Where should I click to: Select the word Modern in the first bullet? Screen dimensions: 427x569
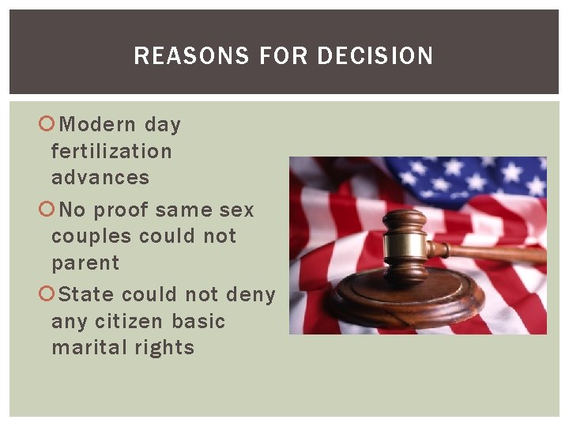98,124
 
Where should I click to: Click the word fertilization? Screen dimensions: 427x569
111,151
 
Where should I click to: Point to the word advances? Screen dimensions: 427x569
100,177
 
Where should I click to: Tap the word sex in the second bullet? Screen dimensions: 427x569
238,210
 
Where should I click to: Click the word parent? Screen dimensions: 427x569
85,263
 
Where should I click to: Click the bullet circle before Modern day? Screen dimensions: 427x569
47,124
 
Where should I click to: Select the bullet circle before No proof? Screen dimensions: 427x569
47,210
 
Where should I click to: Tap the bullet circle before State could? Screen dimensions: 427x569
47,295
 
